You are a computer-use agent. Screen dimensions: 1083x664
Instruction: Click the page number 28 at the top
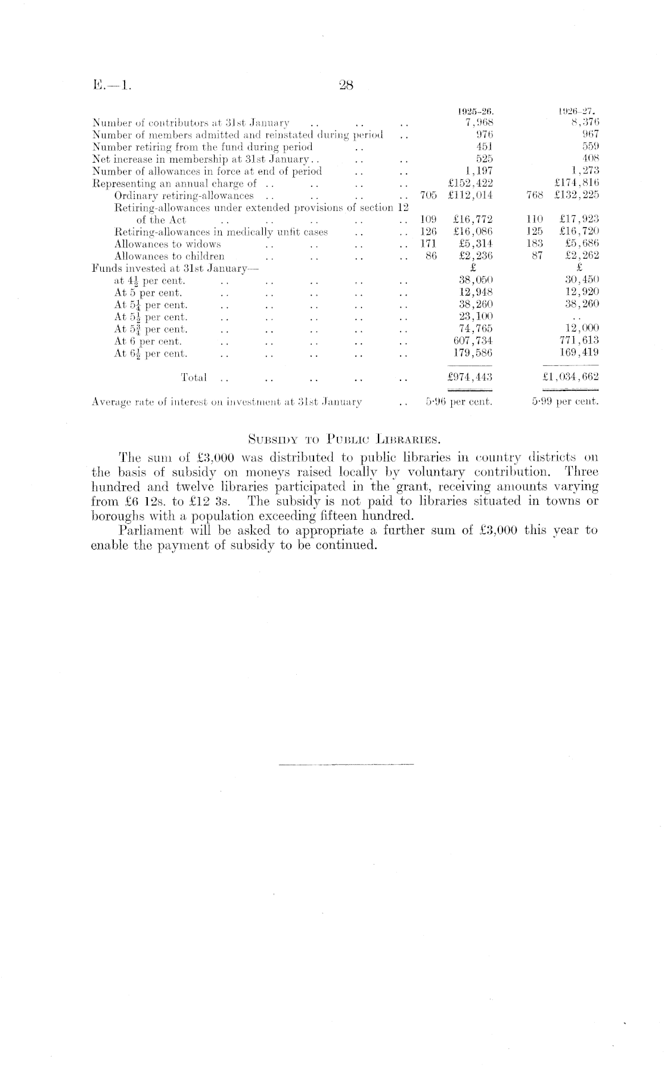coord(346,85)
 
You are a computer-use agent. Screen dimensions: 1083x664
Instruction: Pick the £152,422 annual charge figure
coord(470,183)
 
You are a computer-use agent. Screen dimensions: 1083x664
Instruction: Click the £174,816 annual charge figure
coord(576,183)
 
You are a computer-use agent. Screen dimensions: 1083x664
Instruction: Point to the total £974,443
coord(470,377)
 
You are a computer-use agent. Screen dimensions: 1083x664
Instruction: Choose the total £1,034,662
coord(566,377)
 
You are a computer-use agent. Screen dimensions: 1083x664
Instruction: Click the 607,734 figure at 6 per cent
coord(473,340)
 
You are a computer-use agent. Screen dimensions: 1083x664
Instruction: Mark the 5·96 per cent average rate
coord(459,402)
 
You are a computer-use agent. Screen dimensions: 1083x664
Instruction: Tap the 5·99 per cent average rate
coord(565,402)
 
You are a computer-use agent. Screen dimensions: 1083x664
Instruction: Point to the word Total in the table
coord(194,377)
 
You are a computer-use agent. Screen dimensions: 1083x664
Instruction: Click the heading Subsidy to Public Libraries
coord(344,440)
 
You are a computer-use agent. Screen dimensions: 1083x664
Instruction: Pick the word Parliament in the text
coord(149,530)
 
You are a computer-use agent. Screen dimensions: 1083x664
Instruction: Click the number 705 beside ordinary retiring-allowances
coord(429,195)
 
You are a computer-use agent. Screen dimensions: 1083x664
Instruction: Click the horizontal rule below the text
coord(346,764)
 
